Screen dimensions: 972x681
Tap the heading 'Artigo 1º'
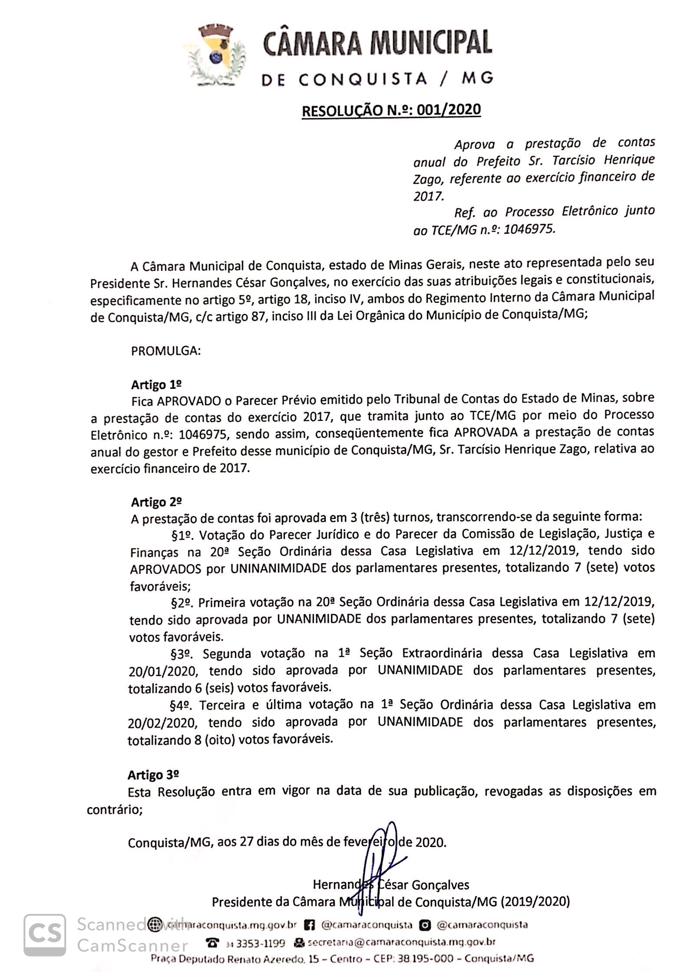coord(156,384)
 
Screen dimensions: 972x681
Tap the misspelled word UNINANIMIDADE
coord(278,568)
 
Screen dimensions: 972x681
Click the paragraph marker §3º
coord(181,654)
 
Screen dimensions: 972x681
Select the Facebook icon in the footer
coord(309,925)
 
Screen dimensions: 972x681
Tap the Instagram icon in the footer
coord(424,925)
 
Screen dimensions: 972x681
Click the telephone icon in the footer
coord(212,942)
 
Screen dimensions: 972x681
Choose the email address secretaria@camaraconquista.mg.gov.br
coord(401,942)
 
